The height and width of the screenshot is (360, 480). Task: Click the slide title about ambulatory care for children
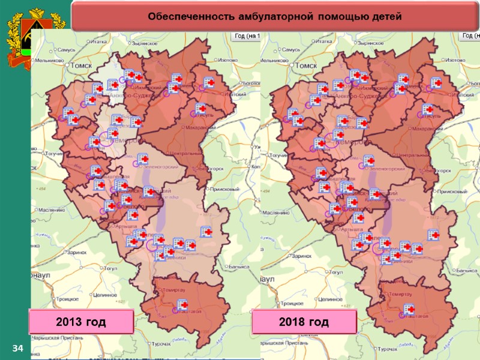coord(275,16)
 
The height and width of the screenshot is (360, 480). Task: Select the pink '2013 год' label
coord(80,322)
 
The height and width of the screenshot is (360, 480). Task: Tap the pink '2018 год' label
coord(304,322)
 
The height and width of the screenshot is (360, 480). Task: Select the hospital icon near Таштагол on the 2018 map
coord(409,310)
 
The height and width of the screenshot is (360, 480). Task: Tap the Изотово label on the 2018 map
coord(455,61)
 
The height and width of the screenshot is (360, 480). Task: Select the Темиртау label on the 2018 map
coord(400,294)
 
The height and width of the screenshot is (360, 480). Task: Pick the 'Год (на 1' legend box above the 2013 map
coord(246,36)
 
